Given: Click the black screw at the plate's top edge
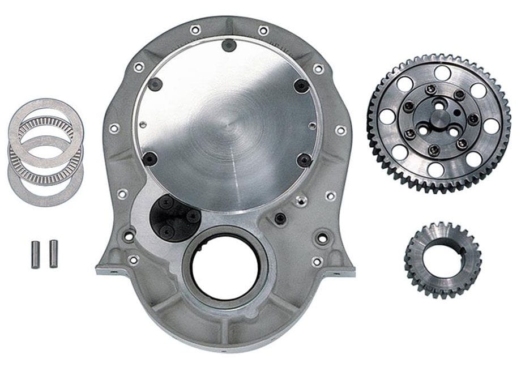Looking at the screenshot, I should click(x=228, y=45).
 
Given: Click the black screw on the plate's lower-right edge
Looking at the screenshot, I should click(x=304, y=159).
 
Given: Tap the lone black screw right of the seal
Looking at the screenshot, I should click(x=279, y=218).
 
